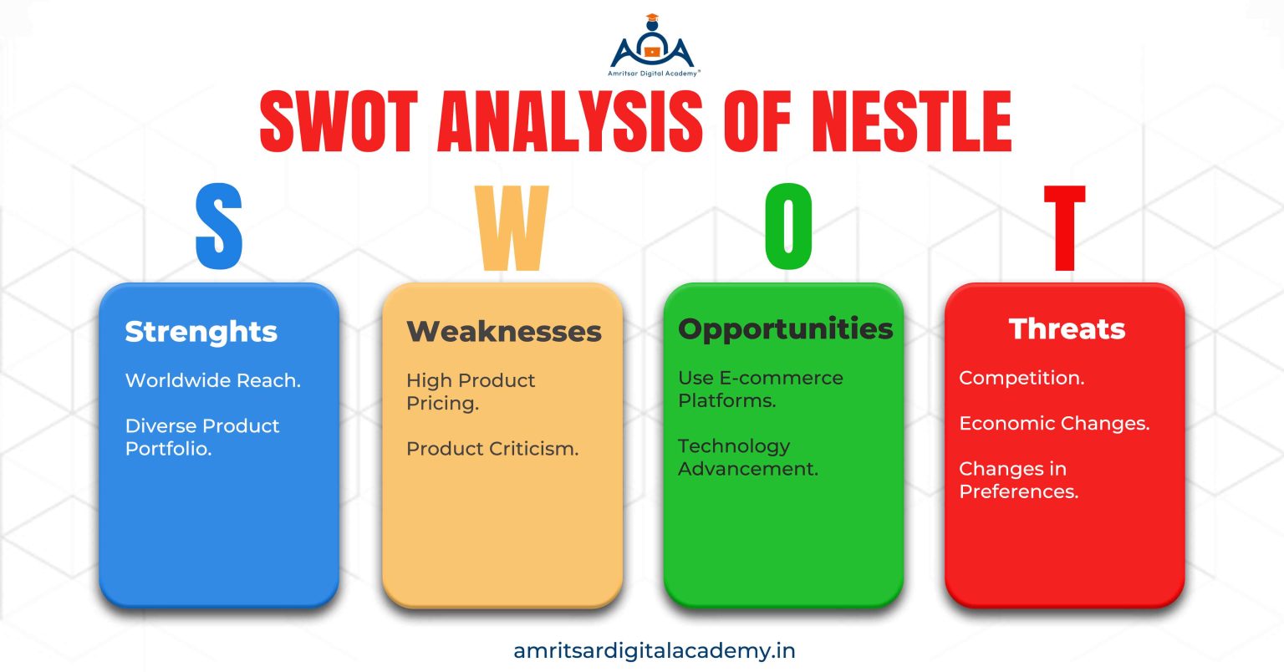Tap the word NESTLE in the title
click(911, 122)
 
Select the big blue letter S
click(219, 227)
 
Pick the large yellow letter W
click(512, 227)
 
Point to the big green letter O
click(788, 227)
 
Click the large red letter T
click(1064, 227)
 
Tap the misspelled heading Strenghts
click(201, 332)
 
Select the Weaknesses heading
click(504, 332)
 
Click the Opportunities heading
click(785, 329)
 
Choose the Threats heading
click(1067, 329)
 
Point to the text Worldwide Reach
click(212, 380)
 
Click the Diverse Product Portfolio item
click(202, 437)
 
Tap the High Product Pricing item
click(471, 391)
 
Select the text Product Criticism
click(492, 449)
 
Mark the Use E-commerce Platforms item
click(760, 389)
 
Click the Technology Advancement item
click(747, 457)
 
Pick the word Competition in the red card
click(1021, 378)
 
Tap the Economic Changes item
click(1053, 424)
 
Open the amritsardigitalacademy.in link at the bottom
click(655, 650)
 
